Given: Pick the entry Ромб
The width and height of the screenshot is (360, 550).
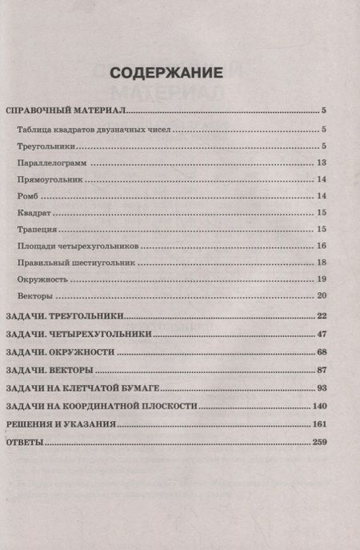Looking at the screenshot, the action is [x=26, y=196].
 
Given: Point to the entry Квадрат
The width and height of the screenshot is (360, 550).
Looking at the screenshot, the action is [x=33, y=213].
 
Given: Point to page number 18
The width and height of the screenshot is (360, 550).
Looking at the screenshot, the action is [x=322, y=263].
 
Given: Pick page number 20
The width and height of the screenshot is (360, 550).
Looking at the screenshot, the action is [x=322, y=296].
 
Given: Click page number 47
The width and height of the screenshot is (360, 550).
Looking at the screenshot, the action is [x=322, y=333].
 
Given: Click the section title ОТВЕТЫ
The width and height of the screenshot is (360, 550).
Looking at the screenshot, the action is [x=25, y=443].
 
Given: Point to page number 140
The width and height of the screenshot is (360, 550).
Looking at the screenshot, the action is [x=319, y=406].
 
